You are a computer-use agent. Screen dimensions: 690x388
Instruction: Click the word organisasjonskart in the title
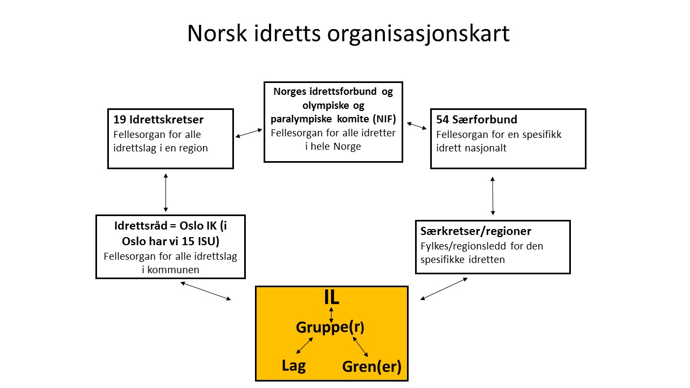[418, 34]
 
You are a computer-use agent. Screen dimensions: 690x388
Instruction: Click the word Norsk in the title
[217, 33]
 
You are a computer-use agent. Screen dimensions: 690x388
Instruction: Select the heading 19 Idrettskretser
[158, 120]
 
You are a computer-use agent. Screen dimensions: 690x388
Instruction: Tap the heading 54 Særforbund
[477, 120]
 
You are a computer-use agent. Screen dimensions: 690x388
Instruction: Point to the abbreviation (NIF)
[384, 119]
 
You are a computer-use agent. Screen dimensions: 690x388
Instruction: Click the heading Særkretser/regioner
[475, 231]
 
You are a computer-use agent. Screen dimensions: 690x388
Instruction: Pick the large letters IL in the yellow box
[332, 297]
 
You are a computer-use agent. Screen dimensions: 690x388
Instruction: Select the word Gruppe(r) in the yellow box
[330, 327]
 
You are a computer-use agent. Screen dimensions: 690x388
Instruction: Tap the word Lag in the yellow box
[294, 366]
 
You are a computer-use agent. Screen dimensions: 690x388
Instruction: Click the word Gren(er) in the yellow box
[371, 366]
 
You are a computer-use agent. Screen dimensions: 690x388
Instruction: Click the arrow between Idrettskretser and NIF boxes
[249, 133]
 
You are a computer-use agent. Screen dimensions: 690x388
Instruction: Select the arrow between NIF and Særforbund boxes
[417, 126]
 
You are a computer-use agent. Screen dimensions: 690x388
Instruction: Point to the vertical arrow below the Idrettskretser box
[165, 192]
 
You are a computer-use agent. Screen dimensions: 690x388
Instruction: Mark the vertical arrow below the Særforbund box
[493, 196]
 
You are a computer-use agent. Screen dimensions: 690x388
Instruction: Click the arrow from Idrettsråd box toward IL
[205, 291]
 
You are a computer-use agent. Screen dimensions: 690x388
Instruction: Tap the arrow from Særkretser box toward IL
[444, 289]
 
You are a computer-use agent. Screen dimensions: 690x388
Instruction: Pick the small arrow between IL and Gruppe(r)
[331, 315]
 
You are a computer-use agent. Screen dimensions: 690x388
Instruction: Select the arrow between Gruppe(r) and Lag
[305, 345]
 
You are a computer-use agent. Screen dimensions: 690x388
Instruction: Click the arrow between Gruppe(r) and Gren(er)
[361, 347]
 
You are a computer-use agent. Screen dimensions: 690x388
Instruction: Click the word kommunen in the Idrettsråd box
[173, 270]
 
